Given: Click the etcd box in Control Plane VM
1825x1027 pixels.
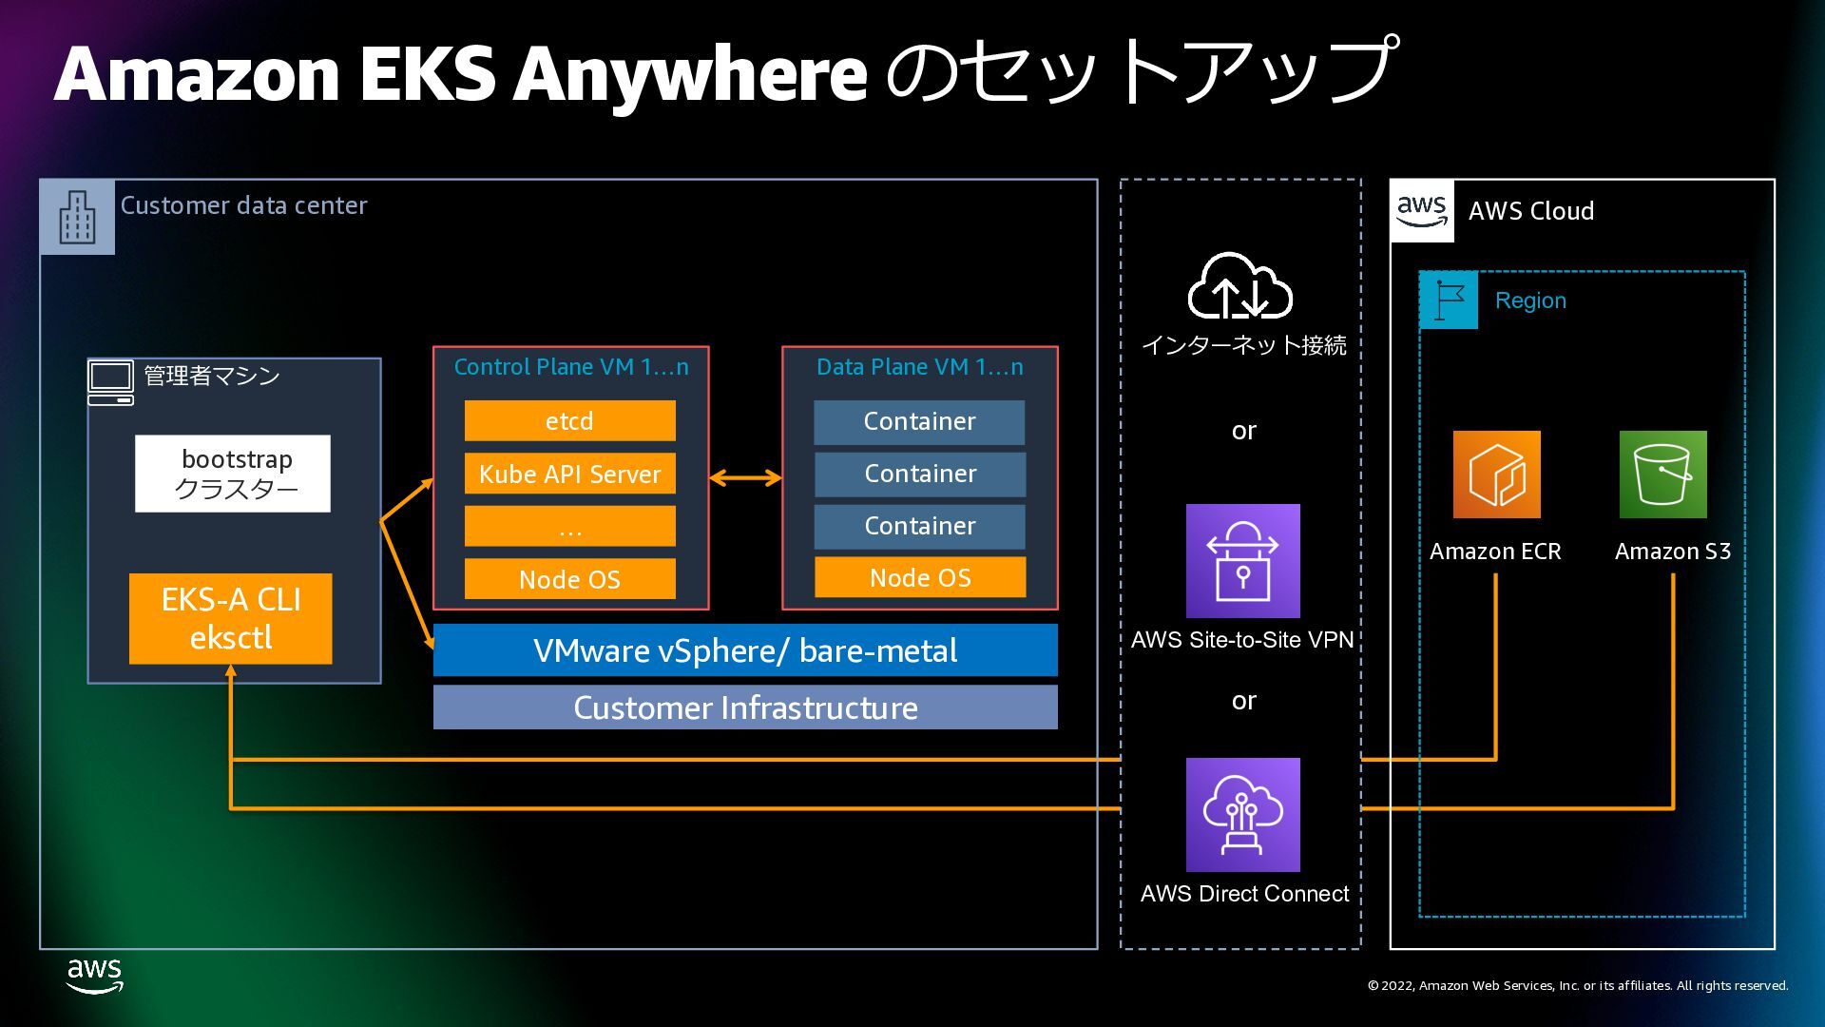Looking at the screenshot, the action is coord(569,420).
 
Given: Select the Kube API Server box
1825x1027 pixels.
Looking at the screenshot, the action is coord(569,474).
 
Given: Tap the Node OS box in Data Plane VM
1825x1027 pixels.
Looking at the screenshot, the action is coord(920,577).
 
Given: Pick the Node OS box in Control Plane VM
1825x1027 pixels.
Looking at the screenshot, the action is coord(569,579).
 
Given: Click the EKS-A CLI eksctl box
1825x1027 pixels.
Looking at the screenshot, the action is coord(231,618).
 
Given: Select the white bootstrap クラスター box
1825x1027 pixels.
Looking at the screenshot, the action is coord(233,474).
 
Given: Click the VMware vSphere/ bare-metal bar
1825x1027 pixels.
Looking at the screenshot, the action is coord(745,650).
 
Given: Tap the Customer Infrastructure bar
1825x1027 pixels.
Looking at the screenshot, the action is coord(745,707).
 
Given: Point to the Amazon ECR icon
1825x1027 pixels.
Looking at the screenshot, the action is coord(1496,475).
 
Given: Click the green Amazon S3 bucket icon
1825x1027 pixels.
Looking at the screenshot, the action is coord(1663,475).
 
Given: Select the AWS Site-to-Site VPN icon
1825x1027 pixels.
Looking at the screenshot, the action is coord(1243,561).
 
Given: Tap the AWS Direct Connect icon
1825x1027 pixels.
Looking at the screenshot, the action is coord(1243,815).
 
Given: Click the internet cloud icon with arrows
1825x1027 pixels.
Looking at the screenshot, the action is coord(1240,285).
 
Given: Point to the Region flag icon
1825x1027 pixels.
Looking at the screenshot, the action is coord(1449,300).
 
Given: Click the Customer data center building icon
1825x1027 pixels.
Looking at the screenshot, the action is coord(77,217).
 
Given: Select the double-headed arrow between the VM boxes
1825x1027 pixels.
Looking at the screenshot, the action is coord(745,478).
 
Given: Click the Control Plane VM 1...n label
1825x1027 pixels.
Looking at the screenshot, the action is coord(571,367).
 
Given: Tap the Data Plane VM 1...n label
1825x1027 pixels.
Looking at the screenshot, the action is coord(920,367).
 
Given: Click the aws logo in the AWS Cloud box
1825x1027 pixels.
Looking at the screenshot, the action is coord(1422,211).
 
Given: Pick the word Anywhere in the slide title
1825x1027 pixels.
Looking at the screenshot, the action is coord(690,76).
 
